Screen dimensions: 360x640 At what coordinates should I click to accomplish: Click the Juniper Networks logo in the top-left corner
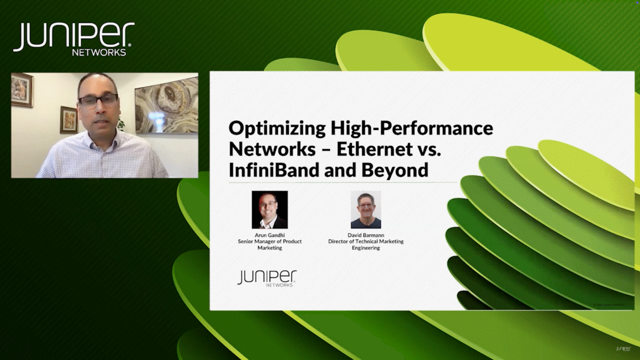pos(73,38)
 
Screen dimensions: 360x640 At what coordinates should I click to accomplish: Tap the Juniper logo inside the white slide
pos(266,277)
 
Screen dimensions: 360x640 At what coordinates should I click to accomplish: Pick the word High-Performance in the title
pos(411,128)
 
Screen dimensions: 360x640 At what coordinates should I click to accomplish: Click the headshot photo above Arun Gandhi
pos(269,209)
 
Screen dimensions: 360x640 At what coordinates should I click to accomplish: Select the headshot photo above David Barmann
pos(365,209)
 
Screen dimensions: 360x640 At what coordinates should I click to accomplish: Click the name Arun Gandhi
pos(269,234)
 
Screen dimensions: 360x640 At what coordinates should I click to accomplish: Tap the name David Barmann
pos(365,234)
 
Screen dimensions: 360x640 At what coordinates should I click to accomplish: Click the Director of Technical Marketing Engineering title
pos(365,244)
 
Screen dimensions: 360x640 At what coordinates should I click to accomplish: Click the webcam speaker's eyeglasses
pos(98,99)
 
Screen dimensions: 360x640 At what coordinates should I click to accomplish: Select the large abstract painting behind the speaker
pos(166,104)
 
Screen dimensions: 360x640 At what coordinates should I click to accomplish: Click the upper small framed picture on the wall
pos(22,90)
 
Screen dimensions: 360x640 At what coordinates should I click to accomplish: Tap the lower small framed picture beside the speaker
pos(68,119)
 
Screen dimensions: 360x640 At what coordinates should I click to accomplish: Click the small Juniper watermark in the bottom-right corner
pos(623,348)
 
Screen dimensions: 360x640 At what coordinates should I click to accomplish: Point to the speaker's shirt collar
pos(102,142)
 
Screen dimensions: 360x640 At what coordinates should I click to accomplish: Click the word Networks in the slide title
pos(272,149)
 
